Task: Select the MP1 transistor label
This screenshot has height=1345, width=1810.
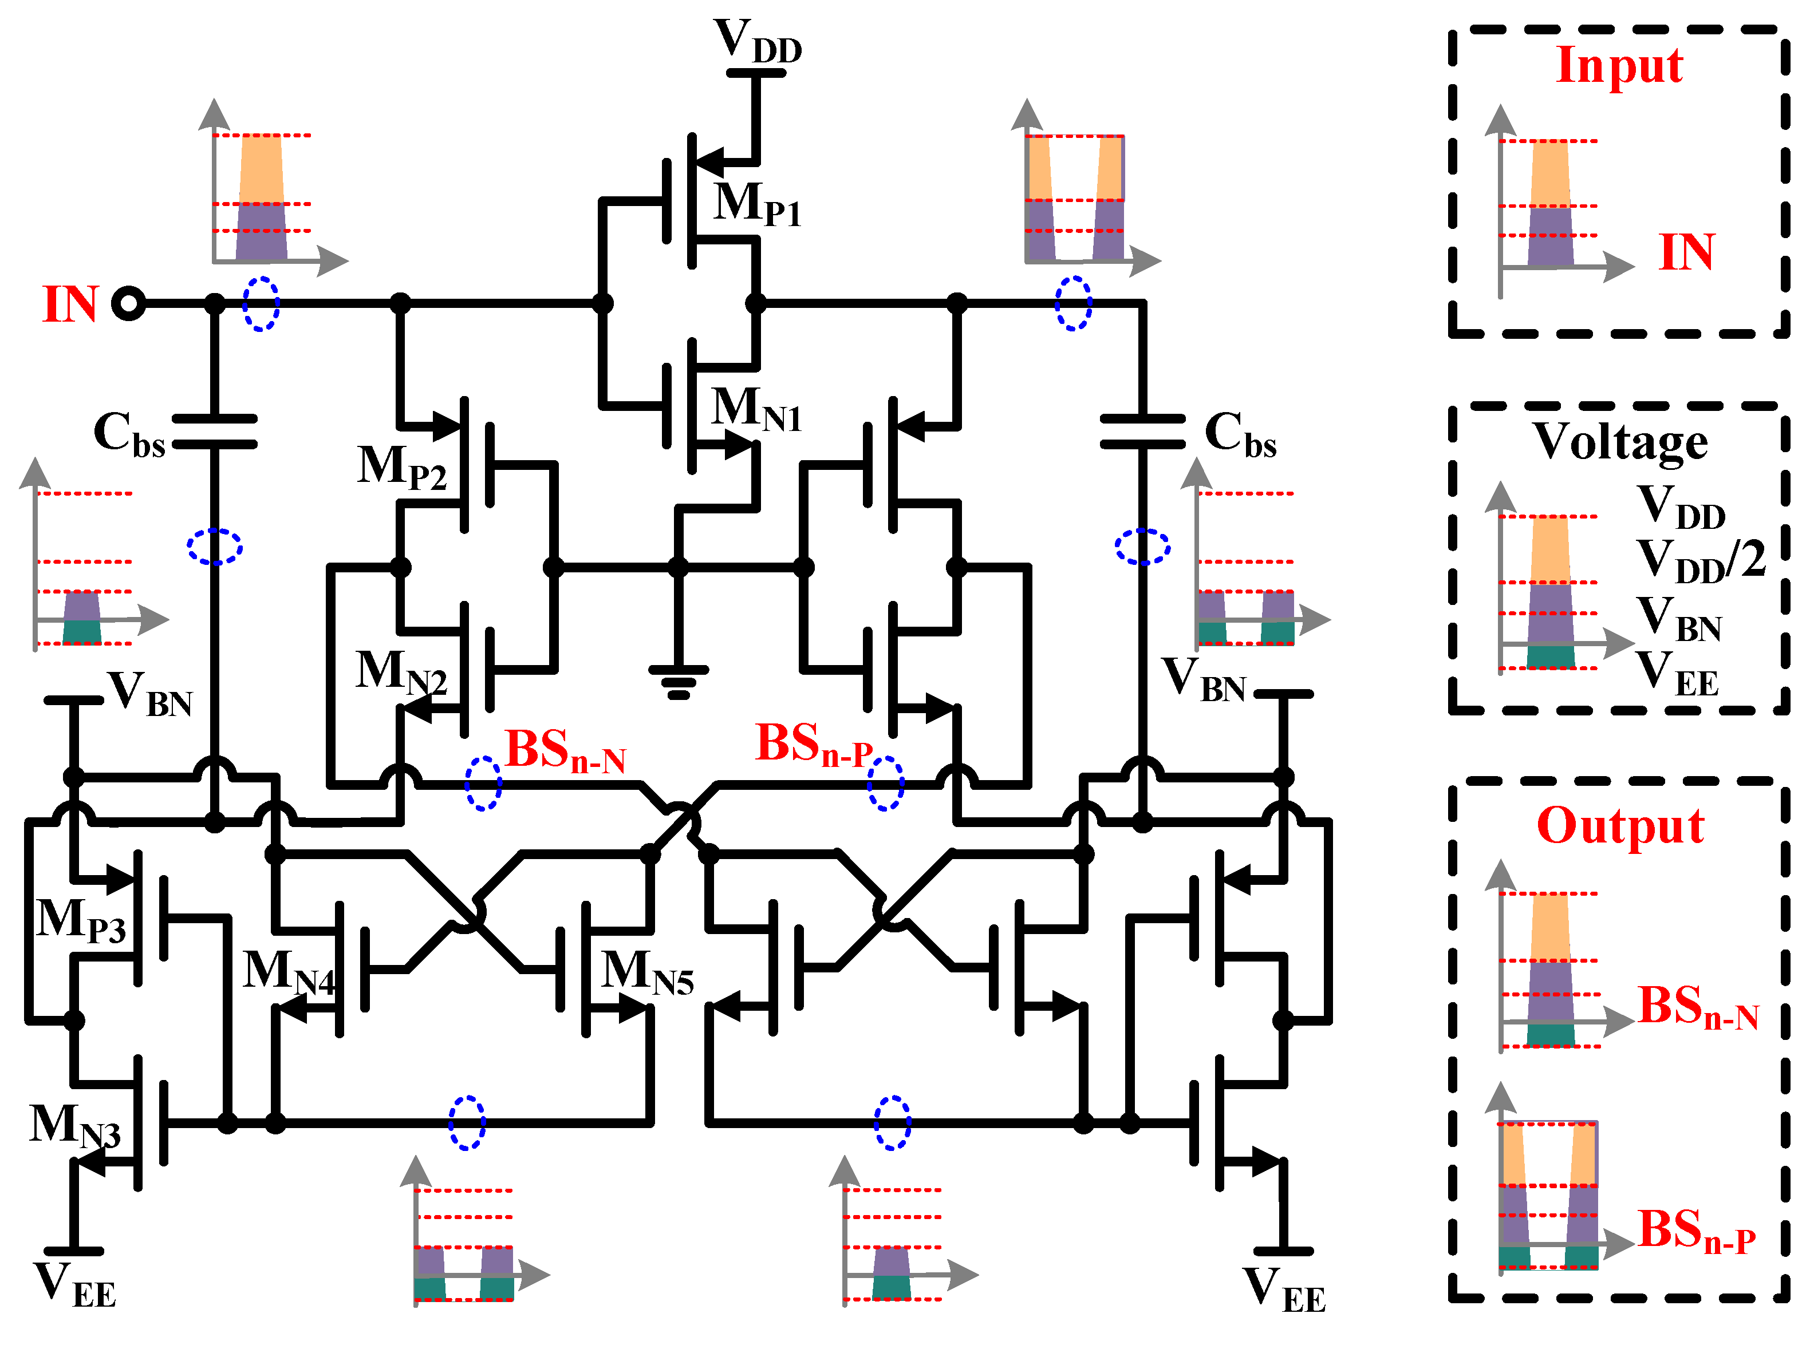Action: pos(756,204)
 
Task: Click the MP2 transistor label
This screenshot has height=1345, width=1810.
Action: pos(401,468)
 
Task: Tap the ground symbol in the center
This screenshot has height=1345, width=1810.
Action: pos(678,682)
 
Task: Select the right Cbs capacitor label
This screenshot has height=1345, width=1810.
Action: pos(1239,434)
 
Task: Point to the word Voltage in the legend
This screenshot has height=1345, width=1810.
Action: pos(1619,441)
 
